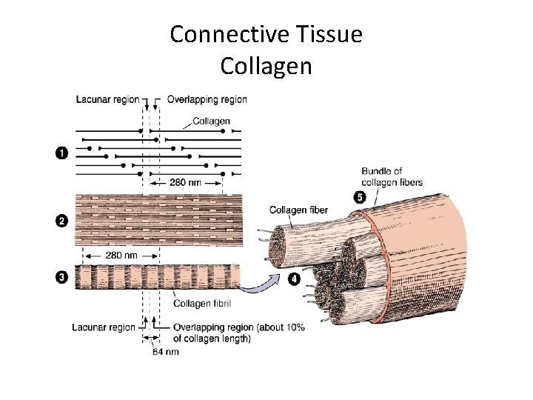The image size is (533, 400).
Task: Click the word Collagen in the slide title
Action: coord(266,66)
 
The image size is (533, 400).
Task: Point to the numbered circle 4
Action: coord(295,279)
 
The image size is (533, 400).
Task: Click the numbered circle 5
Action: coord(360,197)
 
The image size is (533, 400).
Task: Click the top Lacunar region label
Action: coord(105,99)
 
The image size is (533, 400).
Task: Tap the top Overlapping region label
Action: coord(207,99)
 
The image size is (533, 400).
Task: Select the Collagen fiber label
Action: coord(299,210)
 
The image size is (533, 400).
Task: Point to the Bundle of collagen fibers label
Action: coord(392,177)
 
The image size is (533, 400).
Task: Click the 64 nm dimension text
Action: coord(166,351)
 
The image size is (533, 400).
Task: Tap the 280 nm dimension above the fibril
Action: coord(121,255)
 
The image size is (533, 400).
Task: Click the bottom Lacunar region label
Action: coord(104,327)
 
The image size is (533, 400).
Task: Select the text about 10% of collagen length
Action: coord(238,333)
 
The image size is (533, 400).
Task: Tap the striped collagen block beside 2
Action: coord(158,220)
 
